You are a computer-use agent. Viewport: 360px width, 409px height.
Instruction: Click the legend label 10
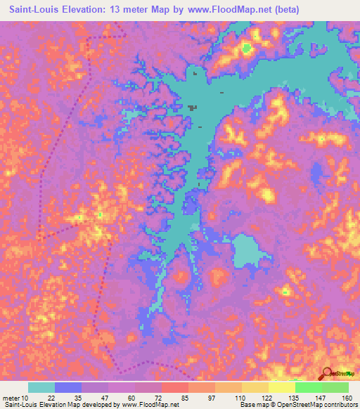coord(28,397)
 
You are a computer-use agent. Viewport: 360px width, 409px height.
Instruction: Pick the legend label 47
coord(108,397)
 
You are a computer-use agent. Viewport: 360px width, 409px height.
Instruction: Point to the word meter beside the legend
coord(12,397)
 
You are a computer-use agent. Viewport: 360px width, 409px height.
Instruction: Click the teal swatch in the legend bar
coord(41,387)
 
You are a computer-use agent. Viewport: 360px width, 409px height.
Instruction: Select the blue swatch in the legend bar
coord(68,387)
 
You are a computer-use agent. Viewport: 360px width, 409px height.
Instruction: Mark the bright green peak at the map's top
coord(247,48)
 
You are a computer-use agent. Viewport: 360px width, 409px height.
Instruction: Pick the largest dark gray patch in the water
coord(192,108)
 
